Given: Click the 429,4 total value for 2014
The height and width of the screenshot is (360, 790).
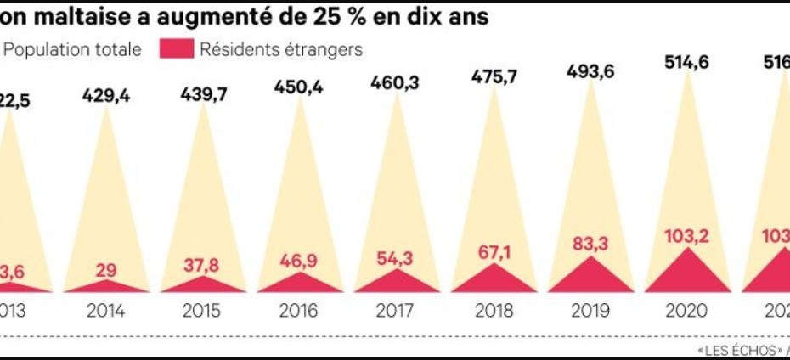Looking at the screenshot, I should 106,96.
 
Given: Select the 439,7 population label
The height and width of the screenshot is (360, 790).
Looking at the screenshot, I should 204,96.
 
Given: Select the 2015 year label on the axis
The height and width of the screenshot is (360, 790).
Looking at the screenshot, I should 204,310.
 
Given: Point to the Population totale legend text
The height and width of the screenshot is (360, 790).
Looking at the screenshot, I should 72,49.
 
